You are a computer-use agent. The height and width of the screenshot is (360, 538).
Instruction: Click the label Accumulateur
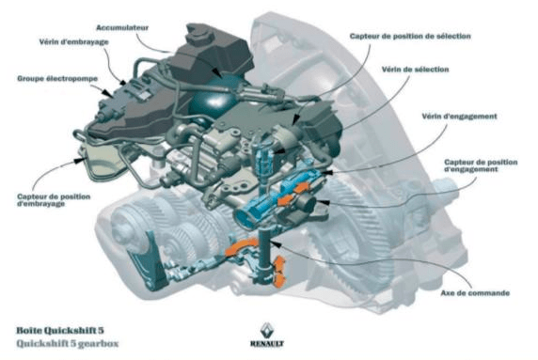122,27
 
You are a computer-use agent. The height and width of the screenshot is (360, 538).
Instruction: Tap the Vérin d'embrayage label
73,42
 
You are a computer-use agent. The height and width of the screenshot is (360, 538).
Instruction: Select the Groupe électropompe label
57,79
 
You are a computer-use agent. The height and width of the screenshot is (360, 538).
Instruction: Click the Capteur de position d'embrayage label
54,200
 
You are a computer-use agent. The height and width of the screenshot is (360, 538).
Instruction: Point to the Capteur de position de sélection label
410,36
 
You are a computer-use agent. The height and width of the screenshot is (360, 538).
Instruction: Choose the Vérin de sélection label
415,70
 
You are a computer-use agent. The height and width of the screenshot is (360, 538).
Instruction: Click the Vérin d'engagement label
459,117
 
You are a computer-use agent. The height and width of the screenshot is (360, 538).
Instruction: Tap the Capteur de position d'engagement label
481,165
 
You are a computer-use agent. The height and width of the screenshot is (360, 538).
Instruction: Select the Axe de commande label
475,293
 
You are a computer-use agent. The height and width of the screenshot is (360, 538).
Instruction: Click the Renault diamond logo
267,330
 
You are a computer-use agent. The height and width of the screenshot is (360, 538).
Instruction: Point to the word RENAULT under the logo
267,343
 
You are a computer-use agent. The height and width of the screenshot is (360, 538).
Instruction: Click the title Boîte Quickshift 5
60,331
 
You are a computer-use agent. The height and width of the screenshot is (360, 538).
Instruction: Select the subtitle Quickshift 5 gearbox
68,343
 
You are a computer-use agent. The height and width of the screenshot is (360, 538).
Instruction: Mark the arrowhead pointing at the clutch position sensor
81,160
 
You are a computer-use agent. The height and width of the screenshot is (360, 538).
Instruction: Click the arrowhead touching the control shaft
277,243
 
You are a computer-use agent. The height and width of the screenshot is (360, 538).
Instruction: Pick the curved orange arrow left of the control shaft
241,246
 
